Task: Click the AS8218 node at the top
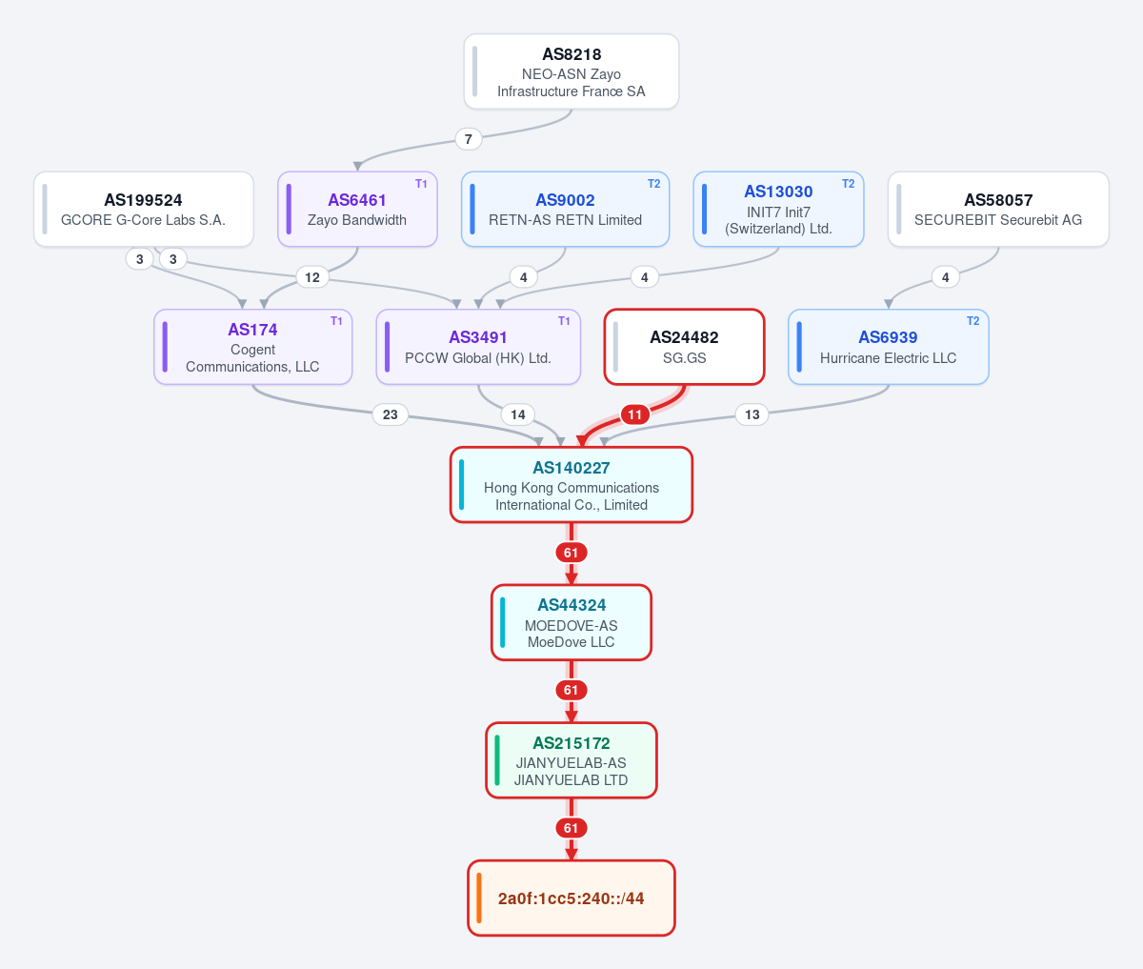[x=571, y=71]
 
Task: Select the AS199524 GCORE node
[x=144, y=209]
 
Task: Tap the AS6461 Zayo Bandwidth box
[x=357, y=209]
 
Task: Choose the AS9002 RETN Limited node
[x=565, y=209]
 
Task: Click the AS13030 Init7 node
[x=778, y=209]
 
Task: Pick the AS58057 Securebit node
[x=998, y=209]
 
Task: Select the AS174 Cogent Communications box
[x=253, y=347]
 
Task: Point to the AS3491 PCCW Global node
[x=478, y=347]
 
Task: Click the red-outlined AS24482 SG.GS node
[x=685, y=347]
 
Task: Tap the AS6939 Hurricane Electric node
[x=889, y=347]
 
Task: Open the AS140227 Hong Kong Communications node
[x=571, y=484]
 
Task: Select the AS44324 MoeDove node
[x=571, y=622]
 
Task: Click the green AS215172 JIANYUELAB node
[x=571, y=760]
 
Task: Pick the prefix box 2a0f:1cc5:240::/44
[x=571, y=898]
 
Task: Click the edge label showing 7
[x=469, y=139]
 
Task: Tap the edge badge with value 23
[x=391, y=414]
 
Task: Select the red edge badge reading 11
[x=634, y=414]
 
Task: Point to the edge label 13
[x=752, y=414]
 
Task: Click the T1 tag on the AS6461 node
[x=421, y=184]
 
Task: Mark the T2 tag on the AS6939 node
[x=973, y=321]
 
